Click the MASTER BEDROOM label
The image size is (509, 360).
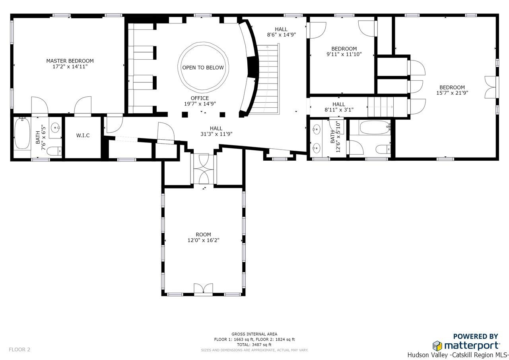coord(70,61)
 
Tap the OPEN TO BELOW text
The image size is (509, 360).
coord(203,68)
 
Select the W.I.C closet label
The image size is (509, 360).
coord(83,136)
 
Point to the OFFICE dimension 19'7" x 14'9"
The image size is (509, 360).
coord(200,104)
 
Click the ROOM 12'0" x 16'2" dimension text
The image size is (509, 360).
coord(203,240)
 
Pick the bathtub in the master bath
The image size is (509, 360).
coord(22,133)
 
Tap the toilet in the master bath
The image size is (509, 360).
coord(55,151)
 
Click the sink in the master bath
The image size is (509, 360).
coord(55,128)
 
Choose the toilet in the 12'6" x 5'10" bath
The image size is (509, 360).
coord(383,149)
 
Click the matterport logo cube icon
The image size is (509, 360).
coord(437,346)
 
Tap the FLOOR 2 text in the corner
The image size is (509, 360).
coord(19,349)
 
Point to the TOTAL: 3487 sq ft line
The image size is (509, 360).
coord(254,344)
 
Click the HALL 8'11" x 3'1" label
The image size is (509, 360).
coord(339,107)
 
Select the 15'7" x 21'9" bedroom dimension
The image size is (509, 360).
coord(452,93)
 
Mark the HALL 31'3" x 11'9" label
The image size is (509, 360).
coord(216,131)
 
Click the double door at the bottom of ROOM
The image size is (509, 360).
coord(203,288)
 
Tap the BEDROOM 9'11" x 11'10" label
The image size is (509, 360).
coord(344,51)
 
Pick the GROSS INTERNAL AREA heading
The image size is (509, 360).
coord(254,334)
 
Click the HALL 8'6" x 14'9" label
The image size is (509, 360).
coord(281,32)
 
